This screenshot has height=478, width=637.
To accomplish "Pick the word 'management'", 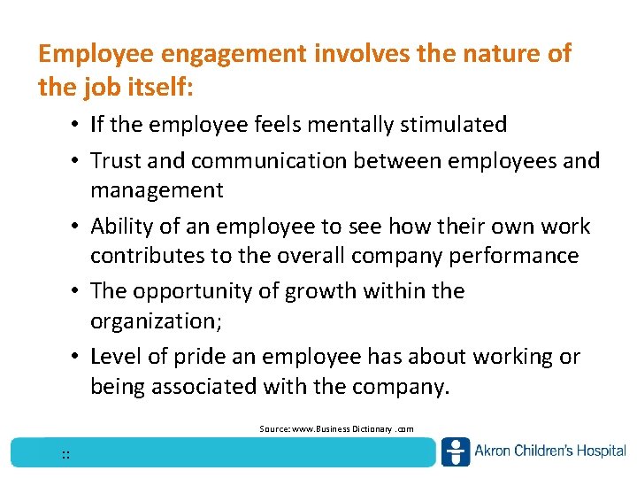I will click(157, 190).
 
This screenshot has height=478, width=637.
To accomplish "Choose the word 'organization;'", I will click(156, 321).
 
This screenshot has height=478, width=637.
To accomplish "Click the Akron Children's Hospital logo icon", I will click(456, 451).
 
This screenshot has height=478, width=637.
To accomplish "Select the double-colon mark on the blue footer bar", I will click(66, 455).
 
